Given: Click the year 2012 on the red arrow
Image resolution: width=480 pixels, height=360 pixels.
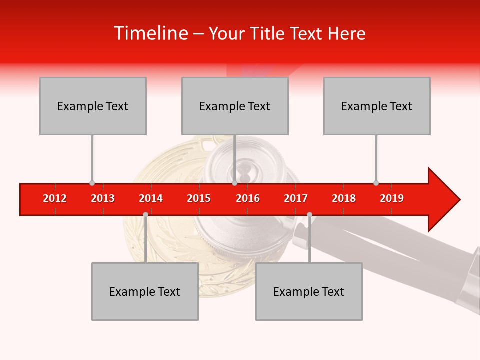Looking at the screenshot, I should pos(55,198).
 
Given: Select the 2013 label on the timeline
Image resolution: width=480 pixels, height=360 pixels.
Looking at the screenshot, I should pos(103,198).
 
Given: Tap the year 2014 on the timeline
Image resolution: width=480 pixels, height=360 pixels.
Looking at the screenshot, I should pos(151,198).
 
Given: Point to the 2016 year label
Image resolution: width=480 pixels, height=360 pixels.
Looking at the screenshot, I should pos(248,198).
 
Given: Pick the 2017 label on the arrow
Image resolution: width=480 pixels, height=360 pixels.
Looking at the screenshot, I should pos(296,198).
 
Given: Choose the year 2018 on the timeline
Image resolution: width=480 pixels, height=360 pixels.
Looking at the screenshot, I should pos(344,198).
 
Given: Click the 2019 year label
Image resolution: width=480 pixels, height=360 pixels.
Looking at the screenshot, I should pos(392,198).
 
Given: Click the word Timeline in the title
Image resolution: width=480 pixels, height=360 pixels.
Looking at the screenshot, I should pos(149,33).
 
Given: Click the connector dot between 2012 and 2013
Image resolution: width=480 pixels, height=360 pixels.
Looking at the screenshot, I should pos(92,183).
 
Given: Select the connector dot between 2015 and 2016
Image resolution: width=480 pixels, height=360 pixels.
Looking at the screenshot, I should pos(234,183).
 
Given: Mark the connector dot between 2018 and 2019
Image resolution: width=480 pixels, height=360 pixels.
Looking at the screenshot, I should pos(376,183).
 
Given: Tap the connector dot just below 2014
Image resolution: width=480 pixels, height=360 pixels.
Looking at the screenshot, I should pos(145,214).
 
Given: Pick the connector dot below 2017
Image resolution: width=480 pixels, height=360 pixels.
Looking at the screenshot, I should pos(309,214).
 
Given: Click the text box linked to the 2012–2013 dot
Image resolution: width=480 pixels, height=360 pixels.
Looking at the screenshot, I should pos(93,106).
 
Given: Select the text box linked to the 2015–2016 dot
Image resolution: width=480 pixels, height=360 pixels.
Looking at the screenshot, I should pos(235,106).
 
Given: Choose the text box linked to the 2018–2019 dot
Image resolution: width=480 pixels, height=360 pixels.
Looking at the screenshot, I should pos(377,106).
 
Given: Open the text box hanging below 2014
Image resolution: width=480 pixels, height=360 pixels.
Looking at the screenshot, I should pos(145,291).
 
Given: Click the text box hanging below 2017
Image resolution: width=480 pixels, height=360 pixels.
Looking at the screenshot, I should pos(309,291).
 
